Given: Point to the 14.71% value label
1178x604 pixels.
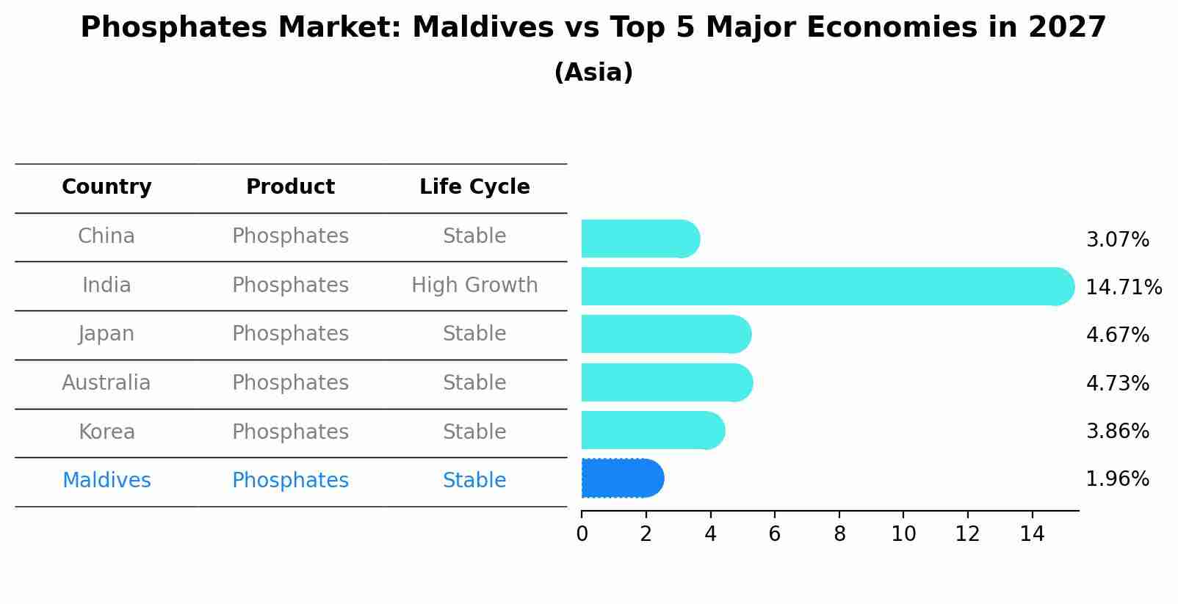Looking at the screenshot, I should point(1123,287).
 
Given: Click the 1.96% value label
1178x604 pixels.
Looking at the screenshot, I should point(1117,479).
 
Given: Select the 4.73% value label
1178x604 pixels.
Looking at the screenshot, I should point(1117,383).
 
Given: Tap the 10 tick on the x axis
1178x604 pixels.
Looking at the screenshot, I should point(903,534).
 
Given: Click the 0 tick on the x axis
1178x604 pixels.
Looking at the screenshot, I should point(582,534).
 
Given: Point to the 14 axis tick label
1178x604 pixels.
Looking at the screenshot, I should point(1032,534).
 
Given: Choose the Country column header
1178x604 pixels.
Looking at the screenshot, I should point(106,187).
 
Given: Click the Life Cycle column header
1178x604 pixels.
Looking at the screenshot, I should point(474,187).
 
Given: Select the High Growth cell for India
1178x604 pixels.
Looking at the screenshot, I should point(474,285).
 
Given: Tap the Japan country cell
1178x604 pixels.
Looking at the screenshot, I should point(106,334).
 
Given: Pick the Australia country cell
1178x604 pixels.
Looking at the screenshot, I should point(106,382).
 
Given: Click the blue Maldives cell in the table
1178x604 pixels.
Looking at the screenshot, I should point(106,481).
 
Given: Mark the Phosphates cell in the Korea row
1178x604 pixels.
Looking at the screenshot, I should point(290,432).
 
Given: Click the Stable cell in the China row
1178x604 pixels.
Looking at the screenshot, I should point(474,236).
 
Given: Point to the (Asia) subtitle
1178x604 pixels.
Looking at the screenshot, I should point(593,73).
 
